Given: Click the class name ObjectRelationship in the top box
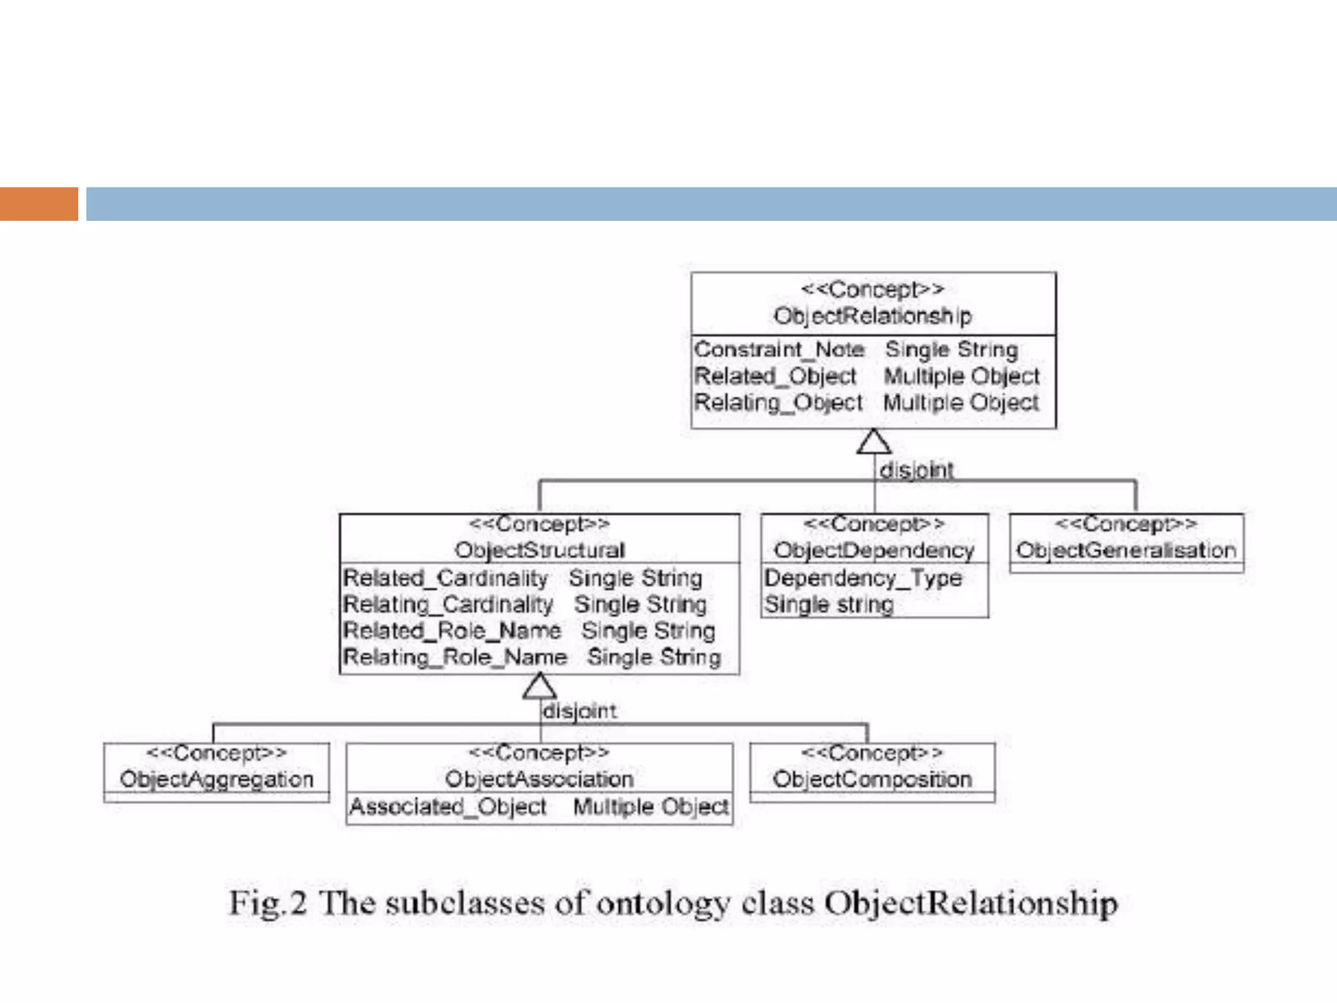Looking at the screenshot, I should tap(872, 316).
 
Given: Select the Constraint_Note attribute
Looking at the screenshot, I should tap(779, 349).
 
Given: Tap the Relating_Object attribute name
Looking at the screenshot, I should tap(778, 402).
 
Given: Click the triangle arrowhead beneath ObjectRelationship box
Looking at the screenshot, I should tap(874, 442).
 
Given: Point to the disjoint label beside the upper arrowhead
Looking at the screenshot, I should tap(916, 470).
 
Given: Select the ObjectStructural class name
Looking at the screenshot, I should tap(539, 550).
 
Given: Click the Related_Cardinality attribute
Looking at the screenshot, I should tap(445, 578).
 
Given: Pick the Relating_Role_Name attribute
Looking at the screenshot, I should tap(455, 657).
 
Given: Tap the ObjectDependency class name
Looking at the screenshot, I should tap(873, 550).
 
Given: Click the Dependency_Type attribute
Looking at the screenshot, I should tap(862, 578).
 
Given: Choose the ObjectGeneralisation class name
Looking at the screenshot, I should tap(1125, 550).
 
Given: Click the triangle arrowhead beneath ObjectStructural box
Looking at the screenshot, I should tap(540, 686).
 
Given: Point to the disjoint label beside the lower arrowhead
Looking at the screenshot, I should tap(579, 711).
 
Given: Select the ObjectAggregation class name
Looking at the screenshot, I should tap(216, 780).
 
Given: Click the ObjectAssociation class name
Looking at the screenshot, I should tap(539, 780).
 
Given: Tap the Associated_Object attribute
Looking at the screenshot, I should tap(448, 807).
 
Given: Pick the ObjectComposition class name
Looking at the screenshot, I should tap(872, 780).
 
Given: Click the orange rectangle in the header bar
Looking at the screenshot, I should tap(39, 204).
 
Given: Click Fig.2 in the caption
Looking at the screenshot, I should tap(267, 904).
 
